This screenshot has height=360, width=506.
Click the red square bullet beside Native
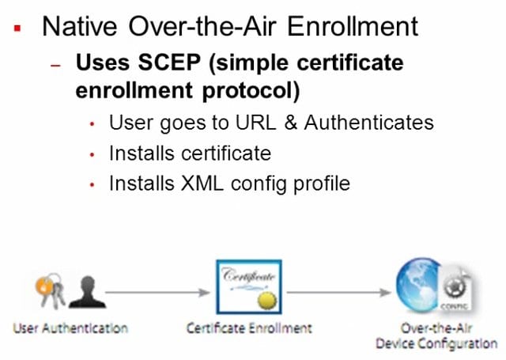pos(17,28)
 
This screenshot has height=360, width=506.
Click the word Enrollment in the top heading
pos(353,26)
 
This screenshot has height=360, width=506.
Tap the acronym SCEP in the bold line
pos(169,62)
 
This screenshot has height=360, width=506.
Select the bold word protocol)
pos(251,91)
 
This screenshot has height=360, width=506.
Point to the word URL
pos(256,123)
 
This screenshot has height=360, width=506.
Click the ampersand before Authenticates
pos(290,123)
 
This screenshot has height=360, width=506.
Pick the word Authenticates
pos(369,123)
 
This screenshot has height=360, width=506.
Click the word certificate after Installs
pos(226,153)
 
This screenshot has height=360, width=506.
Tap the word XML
pos(202,184)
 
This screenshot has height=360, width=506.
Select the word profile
pos(322,184)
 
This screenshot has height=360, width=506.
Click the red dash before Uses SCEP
pos(55,65)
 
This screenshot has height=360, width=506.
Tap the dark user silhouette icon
pos(87,291)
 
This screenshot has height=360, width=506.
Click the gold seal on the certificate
pos(267,301)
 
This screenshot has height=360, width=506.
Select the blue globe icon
pos(418,285)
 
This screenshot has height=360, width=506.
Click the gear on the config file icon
pos(455,286)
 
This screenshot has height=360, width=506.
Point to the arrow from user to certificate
pos(157,293)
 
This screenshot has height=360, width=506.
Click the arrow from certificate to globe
pos(339,293)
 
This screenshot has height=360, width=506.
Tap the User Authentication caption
pos(70,328)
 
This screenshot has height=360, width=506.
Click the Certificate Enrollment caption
pos(249,328)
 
